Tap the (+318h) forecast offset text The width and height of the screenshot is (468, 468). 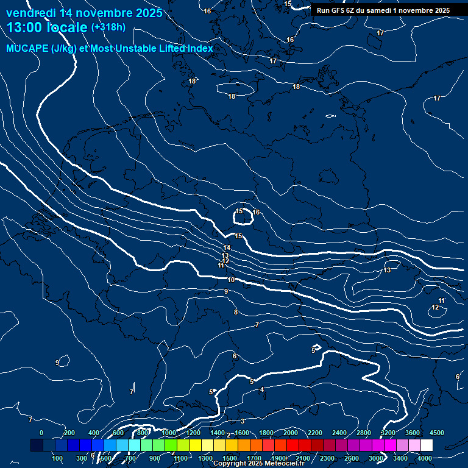pyautogui.click(x=108, y=27)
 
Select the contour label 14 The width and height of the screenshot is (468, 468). pyautogui.click(x=227, y=247)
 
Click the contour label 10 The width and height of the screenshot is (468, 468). pyautogui.click(x=231, y=280)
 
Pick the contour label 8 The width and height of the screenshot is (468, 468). pyautogui.click(x=236, y=313)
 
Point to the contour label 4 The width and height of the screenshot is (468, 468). pyautogui.click(x=261, y=389)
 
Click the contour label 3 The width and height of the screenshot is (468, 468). pyautogui.click(x=242, y=421)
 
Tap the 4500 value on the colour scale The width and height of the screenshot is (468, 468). pyautogui.click(x=437, y=433)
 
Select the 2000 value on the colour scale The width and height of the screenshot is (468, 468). pyautogui.click(x=291, y=433)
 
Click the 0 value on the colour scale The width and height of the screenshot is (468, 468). pyautogui.click(x=41, y=433)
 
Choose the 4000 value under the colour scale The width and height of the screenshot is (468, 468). pyautogui.click(x=425, y=458)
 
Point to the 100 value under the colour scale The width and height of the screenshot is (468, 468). pyautogui.click(x=58, y=458)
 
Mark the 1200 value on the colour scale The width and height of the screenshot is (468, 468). pyautogui.click(x=193, y=433)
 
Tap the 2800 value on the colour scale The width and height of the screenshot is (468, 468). pyautogui.click(x=364, y=433)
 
